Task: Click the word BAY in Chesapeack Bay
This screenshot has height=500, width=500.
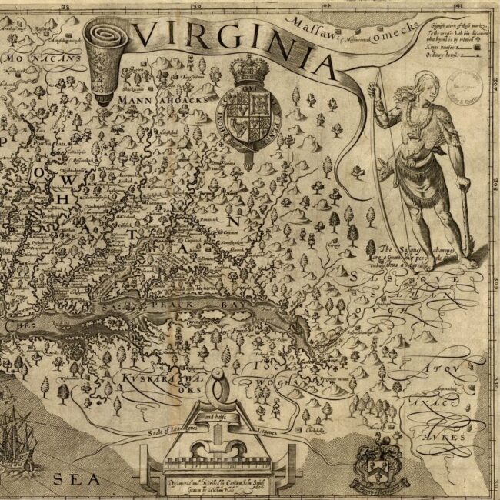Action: [x=212, y=305]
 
